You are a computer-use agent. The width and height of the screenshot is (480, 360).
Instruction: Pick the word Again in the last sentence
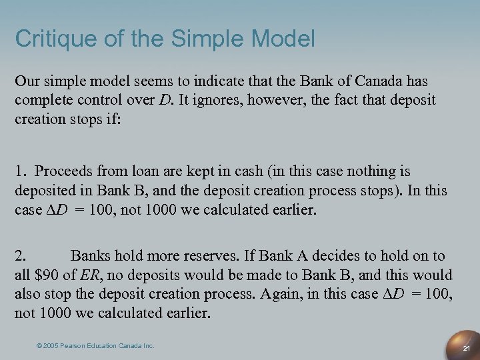293,293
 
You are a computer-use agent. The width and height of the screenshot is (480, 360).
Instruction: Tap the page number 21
467,349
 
